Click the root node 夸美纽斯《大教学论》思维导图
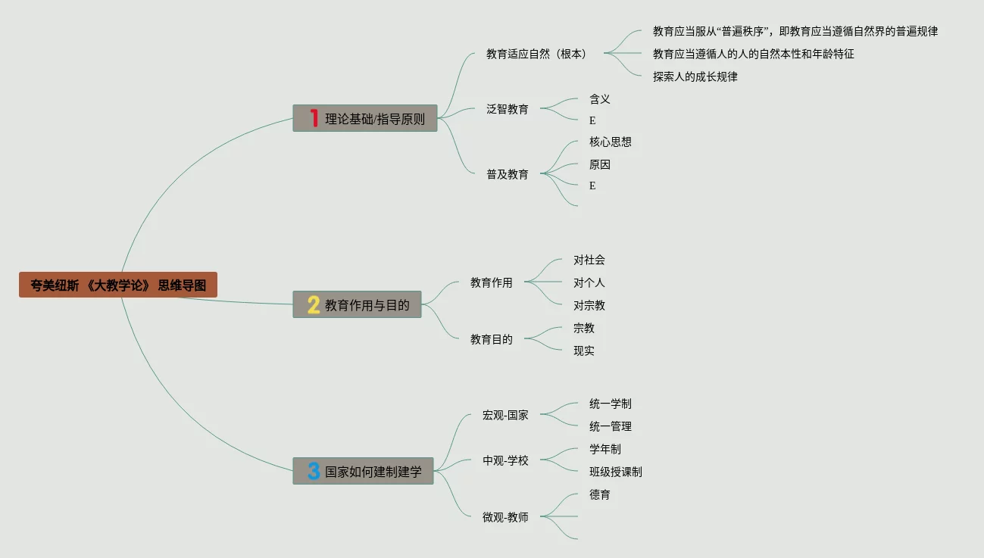118,285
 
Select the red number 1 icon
314,118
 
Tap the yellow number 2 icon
314,304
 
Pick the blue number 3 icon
314,471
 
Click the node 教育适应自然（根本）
536,54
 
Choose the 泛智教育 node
508,109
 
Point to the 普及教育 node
508,174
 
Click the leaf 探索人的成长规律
695,76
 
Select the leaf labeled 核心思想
610,142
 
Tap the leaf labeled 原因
599,164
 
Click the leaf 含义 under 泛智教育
599,98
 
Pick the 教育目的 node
491,339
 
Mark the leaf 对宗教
589,305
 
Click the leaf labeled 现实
583,351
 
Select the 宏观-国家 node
505,415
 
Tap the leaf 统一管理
610,426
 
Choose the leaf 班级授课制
615,472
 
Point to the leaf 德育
599,494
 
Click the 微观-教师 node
505,517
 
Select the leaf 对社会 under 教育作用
589,260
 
